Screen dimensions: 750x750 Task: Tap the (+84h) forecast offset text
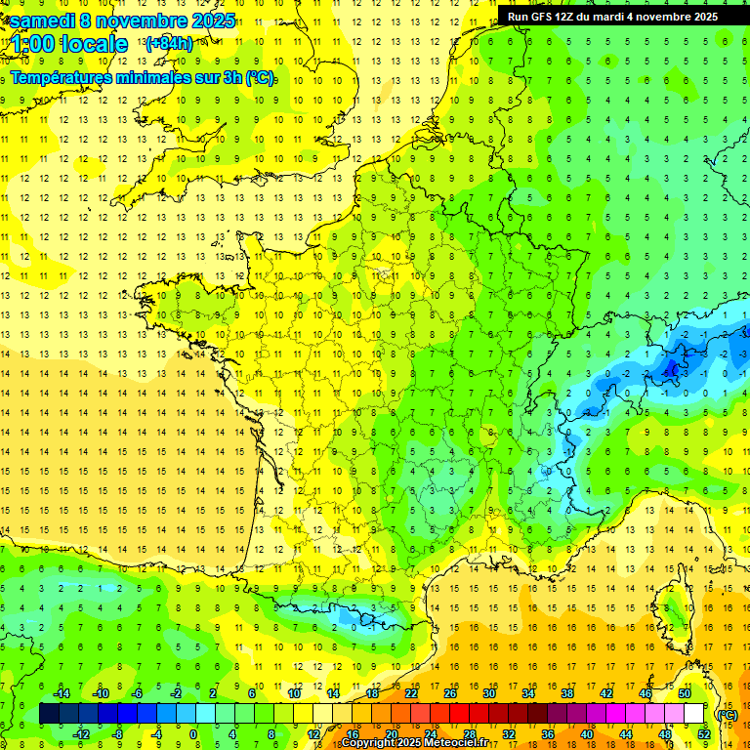tap(168, 44)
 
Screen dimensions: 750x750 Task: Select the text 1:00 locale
tap(68, 44)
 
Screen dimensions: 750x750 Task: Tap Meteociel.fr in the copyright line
tap(440, 743)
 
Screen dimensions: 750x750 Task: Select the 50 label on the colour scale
tap(684, 692)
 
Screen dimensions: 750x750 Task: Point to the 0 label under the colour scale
tap(193, 733)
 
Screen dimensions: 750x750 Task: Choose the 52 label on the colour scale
tap(703, 733)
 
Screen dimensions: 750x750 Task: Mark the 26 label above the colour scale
tap(449, 692)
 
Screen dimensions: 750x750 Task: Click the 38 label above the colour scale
tap(566, 692)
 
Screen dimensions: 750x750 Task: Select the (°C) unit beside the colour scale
tap(727, 714)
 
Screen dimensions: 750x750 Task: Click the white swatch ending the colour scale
tap(693, 714)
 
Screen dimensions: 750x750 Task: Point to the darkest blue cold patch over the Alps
tap(671, 367)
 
